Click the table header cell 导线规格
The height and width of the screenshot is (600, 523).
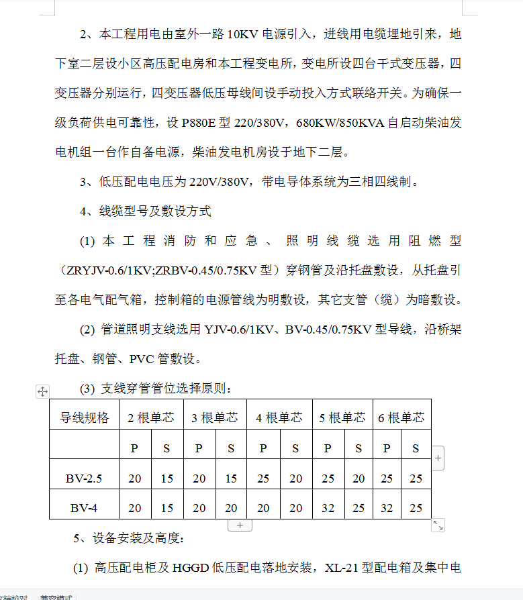pyautogui.click(x=85, y=417)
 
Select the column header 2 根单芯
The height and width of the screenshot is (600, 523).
pyautogui.click(x=151, y=417)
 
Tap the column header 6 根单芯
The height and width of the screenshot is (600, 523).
pyautogui.click(x=401, y=417)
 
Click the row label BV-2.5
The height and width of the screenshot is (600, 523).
pyautogui.click(x=85, y=479)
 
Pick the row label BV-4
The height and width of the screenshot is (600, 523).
pyautogui.click(x=85, y=508)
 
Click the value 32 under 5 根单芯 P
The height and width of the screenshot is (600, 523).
pyautogui.click(x=328, y=508)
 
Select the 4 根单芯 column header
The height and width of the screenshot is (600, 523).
pyautogui.click(x=279, y=417)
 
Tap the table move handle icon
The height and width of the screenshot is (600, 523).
pyautogui.click(x=42, y=391)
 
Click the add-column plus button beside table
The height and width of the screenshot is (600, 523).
pyautogui.click(x=438, y=458)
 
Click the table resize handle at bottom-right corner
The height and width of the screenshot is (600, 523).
pyautogui.click(x=438, y=526)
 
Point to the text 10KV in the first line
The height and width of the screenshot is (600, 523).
pyautogui.click(x=243, y=34)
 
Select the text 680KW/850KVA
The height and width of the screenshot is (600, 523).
pyautogui.click(x=340, y=122)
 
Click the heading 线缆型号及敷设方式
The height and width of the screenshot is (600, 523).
pyautogui.click(x=155, y=211)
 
